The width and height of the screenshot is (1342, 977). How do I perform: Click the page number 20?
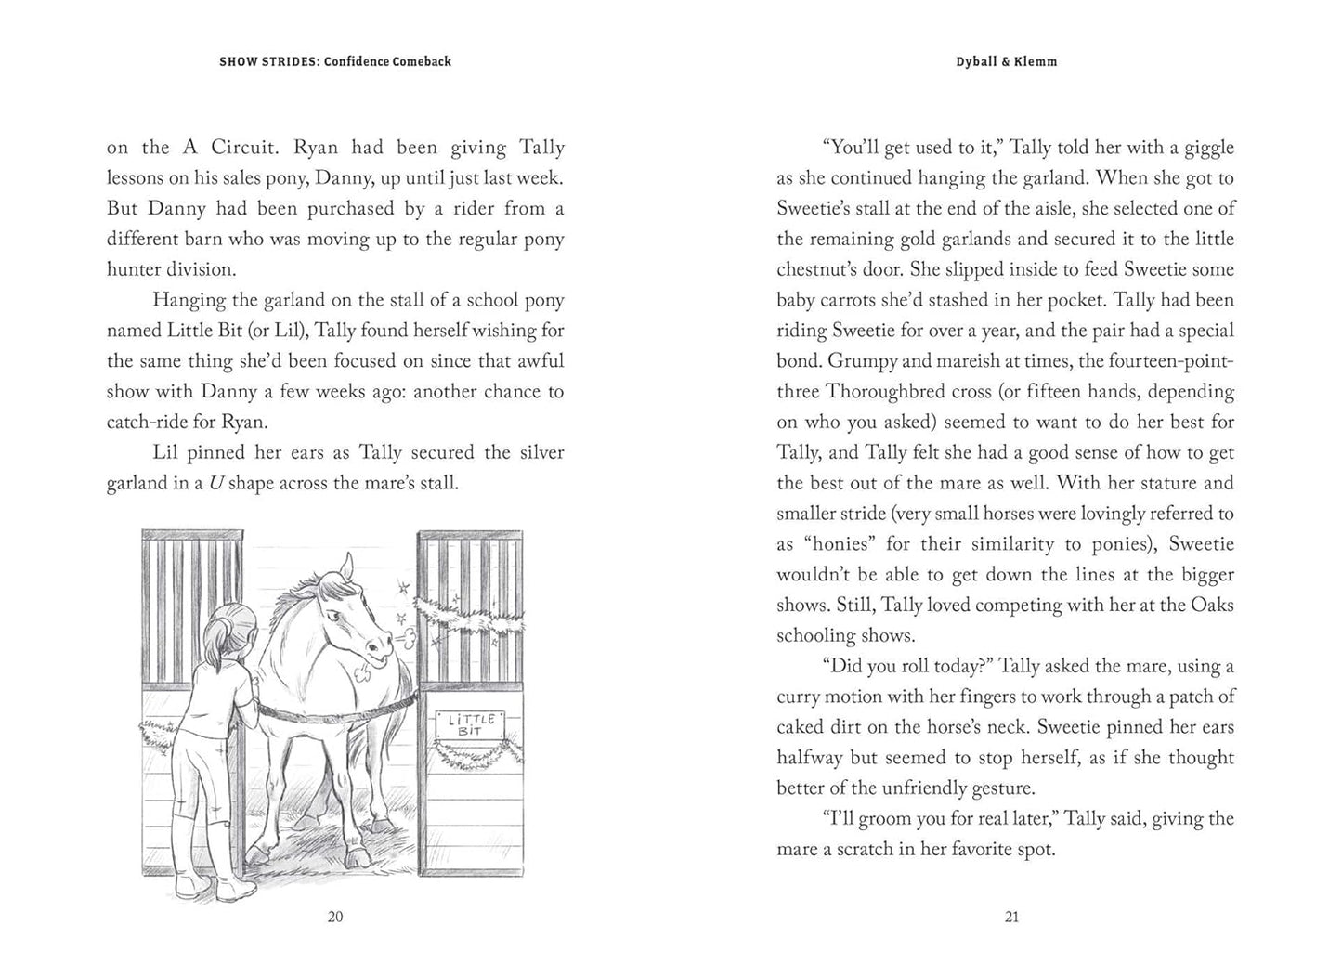[x=335, y=917]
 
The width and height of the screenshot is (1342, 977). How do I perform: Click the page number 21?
[x=1011, y=917]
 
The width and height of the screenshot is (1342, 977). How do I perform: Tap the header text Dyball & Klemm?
[x=1007, y=61]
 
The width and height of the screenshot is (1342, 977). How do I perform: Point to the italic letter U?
[x=216, y=483]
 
